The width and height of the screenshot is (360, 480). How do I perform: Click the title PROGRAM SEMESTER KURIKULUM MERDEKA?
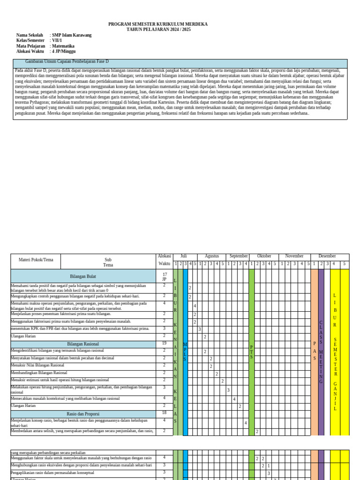(158, 24)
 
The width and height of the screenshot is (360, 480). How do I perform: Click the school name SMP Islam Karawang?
(72, 35)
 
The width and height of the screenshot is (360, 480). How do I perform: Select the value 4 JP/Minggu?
(64, 52)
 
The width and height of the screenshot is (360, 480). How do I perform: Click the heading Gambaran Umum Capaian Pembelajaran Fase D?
(67, 61)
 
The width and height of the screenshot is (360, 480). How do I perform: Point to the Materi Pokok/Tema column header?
(36, 260)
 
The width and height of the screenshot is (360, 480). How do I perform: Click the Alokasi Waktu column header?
(164, 260)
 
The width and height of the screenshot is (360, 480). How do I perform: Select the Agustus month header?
(212, 256)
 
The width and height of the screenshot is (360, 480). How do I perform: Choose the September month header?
(239, 256)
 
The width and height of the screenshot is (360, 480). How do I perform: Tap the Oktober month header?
(264, 256)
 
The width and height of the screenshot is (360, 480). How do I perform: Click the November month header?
(294, 256)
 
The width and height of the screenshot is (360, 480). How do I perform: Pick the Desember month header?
(327, 256)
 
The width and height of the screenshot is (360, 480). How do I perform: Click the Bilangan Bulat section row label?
(83, 277)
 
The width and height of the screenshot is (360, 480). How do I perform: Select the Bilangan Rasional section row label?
(83, 344)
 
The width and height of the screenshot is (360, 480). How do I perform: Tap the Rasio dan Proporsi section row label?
(83, 414)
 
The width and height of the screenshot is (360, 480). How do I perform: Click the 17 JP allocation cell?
(165, 277)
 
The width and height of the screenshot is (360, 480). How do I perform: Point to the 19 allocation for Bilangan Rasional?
(165, 344)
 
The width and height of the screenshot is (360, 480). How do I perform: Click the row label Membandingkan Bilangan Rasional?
(39, 373)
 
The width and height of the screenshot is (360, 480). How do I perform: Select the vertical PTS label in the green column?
(251, 351)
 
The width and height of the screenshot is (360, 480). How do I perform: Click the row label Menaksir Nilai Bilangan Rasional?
(37, 365)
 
